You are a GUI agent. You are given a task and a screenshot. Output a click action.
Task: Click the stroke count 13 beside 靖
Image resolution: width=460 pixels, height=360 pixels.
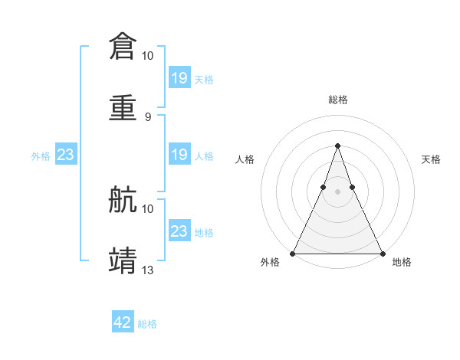pos(148,270)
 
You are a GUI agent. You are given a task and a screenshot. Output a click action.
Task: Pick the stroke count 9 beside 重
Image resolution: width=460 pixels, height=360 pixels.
pos(148,116)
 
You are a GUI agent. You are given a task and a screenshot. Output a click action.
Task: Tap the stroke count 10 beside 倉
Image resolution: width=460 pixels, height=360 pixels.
pos(148,56)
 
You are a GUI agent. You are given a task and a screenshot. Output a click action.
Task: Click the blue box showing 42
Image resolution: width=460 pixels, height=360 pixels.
pos(123,322)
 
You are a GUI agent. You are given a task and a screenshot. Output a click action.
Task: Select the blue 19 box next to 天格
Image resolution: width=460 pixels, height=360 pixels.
pos(179,78)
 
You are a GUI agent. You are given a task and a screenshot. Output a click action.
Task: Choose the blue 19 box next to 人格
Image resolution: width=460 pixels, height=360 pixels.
pos(179,155)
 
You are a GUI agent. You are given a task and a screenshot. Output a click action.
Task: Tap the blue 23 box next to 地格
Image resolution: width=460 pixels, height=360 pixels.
pos(179,231)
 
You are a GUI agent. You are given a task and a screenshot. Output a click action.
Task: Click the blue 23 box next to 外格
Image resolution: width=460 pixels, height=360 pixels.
pos(65,155)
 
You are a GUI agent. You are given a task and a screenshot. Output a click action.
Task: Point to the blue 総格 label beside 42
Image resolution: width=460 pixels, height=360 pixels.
pos(147,324)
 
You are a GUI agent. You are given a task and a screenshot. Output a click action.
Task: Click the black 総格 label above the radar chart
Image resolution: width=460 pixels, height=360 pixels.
pos(337,100)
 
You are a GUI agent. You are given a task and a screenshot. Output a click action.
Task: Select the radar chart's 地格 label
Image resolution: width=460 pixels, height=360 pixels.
pos(402,262)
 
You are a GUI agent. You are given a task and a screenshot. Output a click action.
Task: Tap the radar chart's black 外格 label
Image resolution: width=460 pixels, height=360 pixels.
pos(270,262)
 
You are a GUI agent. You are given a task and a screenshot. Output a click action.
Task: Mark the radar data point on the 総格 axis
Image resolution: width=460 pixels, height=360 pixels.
pos(337,146)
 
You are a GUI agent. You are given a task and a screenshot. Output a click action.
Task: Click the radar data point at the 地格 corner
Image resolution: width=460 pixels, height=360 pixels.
pos(382,253)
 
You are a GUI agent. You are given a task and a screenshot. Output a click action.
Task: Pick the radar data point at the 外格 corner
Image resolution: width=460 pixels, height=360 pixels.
pos(293,253)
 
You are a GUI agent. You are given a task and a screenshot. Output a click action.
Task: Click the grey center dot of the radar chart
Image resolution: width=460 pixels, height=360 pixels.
pos(337,191)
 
